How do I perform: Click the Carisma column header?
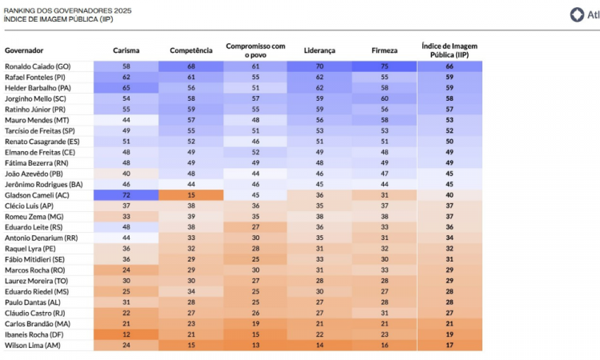126,50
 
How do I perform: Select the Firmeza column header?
385,50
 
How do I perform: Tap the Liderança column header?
320,50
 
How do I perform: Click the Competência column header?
191,50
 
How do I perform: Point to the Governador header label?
24,50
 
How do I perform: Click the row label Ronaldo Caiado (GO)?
38,66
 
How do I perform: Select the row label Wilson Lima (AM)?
32,346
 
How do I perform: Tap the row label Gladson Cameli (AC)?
36,195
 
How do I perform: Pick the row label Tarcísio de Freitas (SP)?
40,130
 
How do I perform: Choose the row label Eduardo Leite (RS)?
34,227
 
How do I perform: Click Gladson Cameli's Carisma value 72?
126,195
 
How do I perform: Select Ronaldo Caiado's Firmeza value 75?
385,66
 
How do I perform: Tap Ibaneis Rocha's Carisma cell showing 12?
126,334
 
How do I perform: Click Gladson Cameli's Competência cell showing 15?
191,195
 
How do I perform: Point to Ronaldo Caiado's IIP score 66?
450,66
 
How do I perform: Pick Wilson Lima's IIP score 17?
450,346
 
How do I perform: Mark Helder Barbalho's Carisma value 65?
126,87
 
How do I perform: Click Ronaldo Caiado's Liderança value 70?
320,66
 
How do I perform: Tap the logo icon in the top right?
576,14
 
